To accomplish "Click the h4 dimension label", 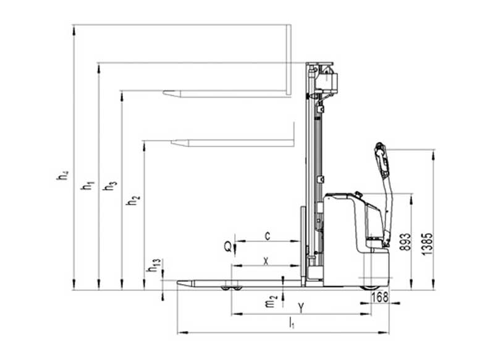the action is point(62,175).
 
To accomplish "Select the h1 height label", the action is point(87,185).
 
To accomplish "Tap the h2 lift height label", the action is point(133,199).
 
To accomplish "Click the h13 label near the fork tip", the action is point(154,265).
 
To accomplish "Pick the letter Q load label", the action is point(228,246).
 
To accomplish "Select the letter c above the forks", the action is point(267,236).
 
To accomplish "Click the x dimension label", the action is point(266,261).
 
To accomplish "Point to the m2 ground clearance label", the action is point(271,301).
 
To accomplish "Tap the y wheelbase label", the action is point(301,307).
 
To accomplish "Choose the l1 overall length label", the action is point(292,323).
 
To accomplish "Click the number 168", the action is point(379,297).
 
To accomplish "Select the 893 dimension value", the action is point(406,242).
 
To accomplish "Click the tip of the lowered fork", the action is point(178,282).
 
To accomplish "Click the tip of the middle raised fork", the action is point(172,143).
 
